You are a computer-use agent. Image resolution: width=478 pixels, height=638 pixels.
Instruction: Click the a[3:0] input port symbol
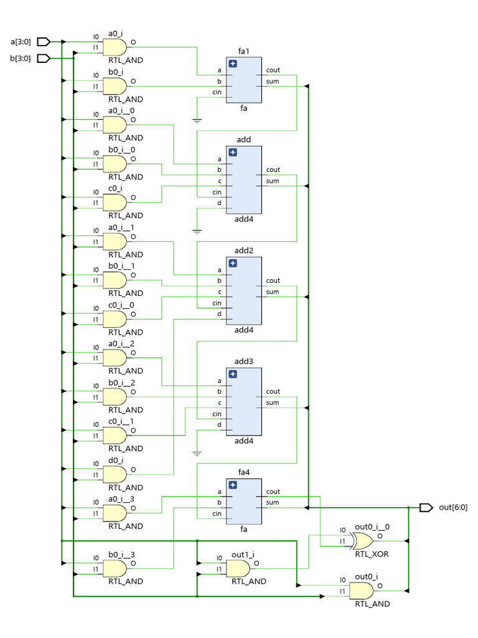click(x=44, y=42)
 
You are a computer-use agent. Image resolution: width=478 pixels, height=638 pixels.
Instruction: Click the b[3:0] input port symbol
click(x=44, y=59)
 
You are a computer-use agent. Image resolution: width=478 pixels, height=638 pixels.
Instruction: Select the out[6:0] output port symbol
click(x=426, y=508)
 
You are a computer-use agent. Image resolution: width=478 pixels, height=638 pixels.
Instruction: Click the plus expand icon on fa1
click(x=233, y=64)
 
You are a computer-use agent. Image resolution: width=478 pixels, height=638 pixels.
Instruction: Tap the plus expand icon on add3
click(x=233, y=374)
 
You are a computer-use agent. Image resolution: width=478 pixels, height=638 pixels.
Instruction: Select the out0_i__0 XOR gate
click(x=363, y=540)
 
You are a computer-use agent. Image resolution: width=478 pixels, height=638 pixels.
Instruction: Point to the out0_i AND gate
click(x=362, y=590)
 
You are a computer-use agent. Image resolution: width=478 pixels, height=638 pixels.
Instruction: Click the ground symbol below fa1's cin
click(x=197, y=120)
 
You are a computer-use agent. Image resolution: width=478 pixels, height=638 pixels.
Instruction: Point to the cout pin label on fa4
click(x=273, y=492)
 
